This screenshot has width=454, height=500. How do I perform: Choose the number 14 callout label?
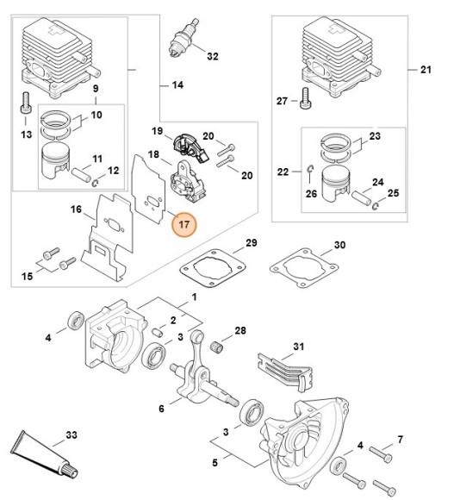[178, 84]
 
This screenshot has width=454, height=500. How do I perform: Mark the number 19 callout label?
[158, 131]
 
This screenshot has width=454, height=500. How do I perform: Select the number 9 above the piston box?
[95, 88]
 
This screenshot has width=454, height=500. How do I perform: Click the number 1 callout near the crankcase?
[193, 297]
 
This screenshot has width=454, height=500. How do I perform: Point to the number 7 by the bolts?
[399, 441]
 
